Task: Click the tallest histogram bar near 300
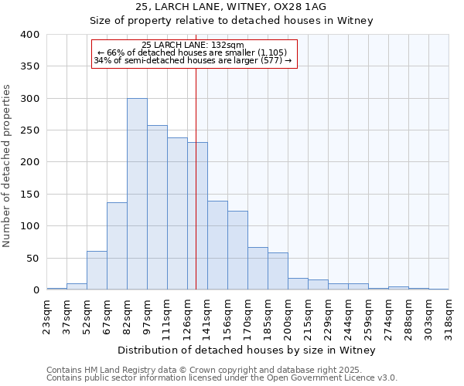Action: pos(137,194)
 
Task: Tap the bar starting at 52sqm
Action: pos(97,270)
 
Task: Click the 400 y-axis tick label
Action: pos(30,35)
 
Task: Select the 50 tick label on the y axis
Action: pos(33,258)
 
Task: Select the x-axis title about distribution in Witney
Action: pos(247,350)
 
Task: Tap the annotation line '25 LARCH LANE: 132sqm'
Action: pos(193,45)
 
